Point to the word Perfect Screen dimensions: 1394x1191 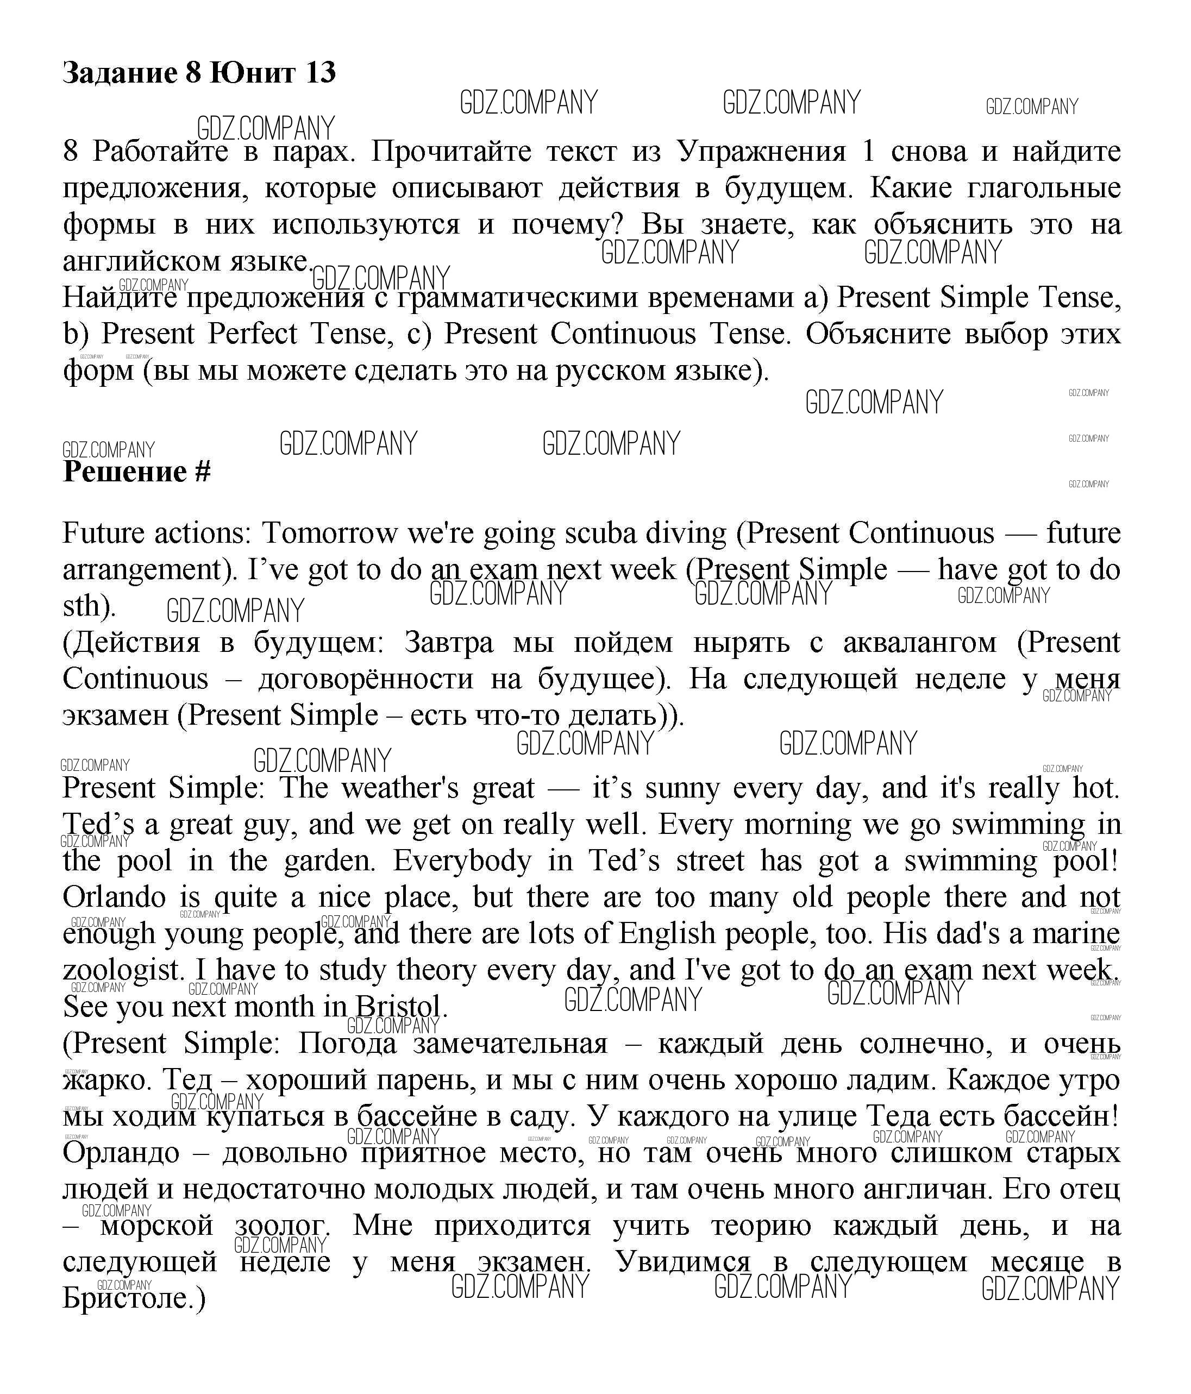pos(252,334)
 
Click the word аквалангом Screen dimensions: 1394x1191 pos(919,643)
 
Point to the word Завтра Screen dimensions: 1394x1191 pos(449,643)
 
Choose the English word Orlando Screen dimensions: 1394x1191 pos(114,897)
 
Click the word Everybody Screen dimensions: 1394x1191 pos(462,861)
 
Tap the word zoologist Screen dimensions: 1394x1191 pos(121,970)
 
